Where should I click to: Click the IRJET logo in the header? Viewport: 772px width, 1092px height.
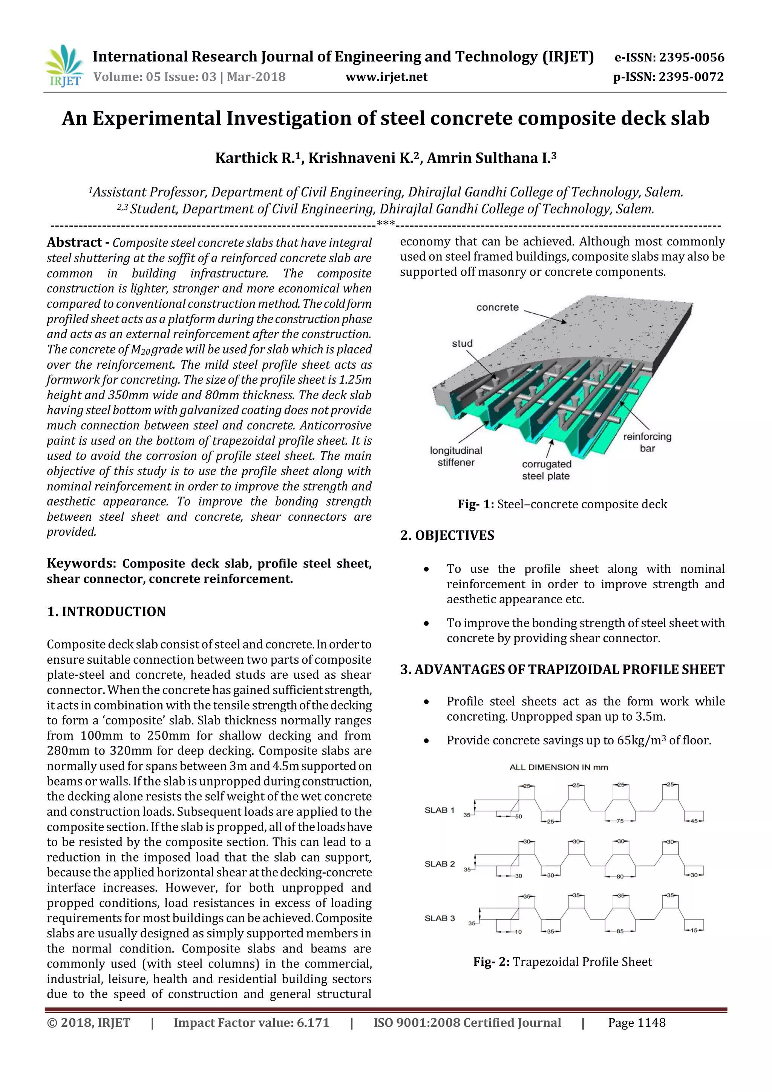[x=64, y=66]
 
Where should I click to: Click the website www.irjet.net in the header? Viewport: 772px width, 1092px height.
[x=386, y=77]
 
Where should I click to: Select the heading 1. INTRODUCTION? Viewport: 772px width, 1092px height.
[x=106, y=612]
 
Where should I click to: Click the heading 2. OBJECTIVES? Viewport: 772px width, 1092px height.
[x=447, y=535]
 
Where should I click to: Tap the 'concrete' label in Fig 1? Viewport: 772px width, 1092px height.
[x=497, y=307]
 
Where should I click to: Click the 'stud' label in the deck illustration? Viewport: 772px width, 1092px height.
[x=462, y=344]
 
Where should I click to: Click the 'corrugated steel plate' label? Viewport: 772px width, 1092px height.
[x=546, y=470]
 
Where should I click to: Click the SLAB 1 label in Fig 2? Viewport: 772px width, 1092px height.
[x=439, y=810]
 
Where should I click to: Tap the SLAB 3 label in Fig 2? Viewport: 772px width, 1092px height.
[x=439, y=918]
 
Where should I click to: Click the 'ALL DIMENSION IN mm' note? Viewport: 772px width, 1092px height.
[x=559, y=767]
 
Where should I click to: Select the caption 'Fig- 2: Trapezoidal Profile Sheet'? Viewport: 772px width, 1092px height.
[x=562, y=962]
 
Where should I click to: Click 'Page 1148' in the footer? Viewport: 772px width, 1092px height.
[x=637, y=1023]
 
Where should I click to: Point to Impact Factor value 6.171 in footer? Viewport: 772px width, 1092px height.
[x=251, y=1023]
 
